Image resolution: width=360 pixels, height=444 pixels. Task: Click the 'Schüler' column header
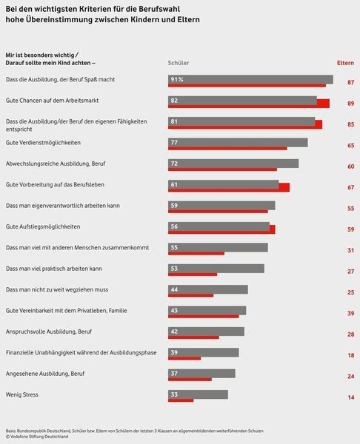(179, 63)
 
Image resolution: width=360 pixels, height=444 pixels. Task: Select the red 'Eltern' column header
(345, 63)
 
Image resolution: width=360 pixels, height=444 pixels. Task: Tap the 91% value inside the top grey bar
(177, 78)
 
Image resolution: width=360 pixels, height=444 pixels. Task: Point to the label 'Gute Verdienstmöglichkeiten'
(43, 141)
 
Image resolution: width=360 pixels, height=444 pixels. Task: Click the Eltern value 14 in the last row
(350, 398)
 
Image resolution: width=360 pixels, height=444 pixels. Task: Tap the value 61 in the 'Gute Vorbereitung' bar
(174, 184)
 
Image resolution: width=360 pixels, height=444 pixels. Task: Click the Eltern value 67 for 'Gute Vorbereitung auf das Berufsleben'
(350, 188)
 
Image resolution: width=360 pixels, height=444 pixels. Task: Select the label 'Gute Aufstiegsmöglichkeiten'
(43, 226)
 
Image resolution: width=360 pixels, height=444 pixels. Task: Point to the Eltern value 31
(350, 251)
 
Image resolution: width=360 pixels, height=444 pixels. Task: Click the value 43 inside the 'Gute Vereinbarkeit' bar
(174, 310)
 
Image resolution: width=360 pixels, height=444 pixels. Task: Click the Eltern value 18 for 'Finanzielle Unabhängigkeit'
(350, 356)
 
